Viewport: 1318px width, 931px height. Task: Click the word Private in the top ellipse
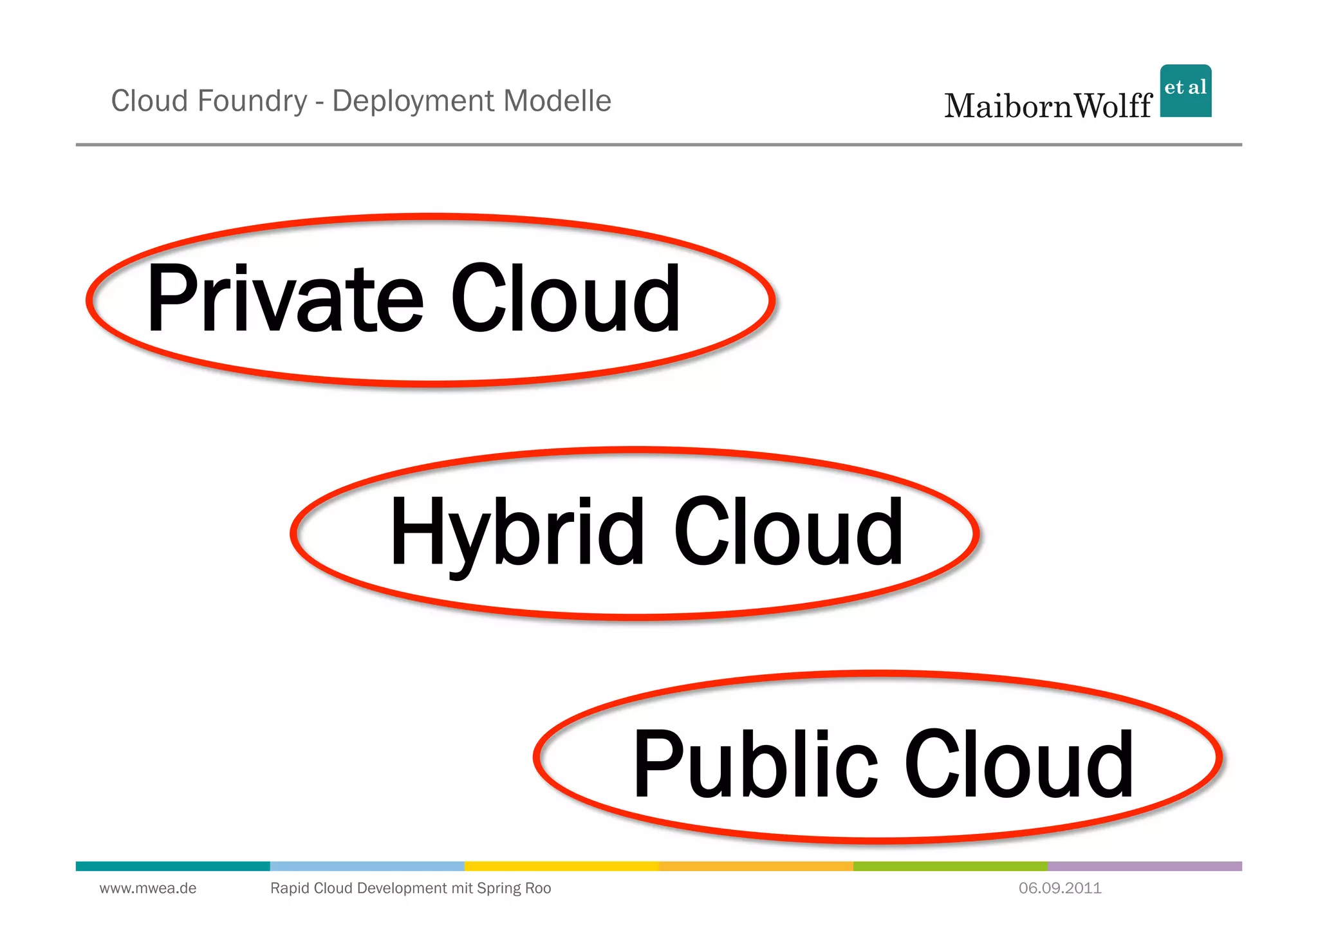point(284,299)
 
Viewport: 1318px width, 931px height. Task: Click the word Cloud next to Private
point(565,299)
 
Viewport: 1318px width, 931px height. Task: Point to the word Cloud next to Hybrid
point(788,533)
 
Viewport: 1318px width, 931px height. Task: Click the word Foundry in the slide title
point(252,101)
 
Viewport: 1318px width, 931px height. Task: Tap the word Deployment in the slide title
point(413,101)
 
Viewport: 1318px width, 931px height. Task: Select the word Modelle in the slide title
point(557,101)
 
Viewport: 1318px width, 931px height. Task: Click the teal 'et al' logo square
point(1185,91)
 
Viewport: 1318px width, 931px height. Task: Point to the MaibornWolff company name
point(1048,106)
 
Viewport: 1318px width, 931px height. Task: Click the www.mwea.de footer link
point(148,889)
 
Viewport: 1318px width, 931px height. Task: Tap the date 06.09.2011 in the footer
point(1060,889)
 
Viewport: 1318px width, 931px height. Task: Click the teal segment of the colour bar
point(172,866)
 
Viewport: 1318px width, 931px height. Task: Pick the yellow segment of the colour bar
point(561,866)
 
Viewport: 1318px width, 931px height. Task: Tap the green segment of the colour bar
point(950,866)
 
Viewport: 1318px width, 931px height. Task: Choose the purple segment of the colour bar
point(1144,866)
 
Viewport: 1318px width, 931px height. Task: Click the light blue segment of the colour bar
point(367,866)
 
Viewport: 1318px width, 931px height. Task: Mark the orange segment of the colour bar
point(756,866)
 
